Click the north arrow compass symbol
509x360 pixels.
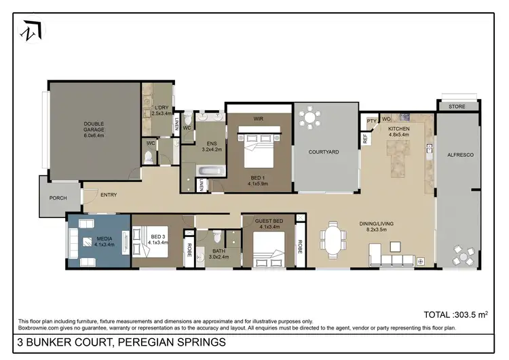tap(31, 31)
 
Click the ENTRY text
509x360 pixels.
tap(109, 195)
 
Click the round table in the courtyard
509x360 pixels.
tap(311, 118)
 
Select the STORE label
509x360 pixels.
tap(458, 107)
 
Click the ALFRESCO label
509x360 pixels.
tap(459, 156)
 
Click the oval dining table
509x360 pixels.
tap(334, 241)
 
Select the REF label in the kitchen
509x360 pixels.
tap(364, 137)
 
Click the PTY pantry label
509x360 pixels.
tap(371, 121)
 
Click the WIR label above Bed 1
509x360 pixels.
tap(258, 118)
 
